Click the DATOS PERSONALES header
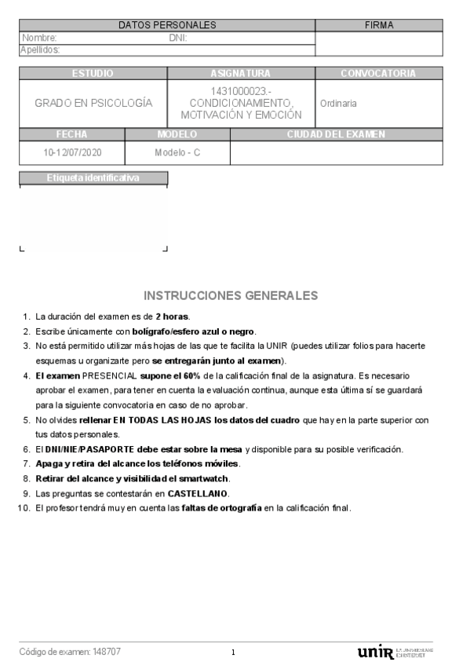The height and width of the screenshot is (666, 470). [167, 25]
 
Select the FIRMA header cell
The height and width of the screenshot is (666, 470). [379, 25]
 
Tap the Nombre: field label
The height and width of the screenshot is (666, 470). [40, 38]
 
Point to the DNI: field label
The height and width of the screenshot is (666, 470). [178, 38]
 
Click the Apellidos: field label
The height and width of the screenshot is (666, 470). [40, 49]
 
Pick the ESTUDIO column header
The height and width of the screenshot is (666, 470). [93, 73]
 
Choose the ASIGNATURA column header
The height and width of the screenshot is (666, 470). [241, 73]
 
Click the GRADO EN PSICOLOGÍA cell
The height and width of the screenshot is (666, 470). [93, 103]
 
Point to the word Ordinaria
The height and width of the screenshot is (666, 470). [338, 104]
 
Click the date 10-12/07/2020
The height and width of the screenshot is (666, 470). [72, 152]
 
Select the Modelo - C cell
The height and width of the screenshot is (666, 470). [177, 152]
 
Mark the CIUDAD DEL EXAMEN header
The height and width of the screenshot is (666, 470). [336, 134]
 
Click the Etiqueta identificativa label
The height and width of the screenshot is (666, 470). [93, 177]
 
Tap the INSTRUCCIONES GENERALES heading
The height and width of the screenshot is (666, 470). [231, 296]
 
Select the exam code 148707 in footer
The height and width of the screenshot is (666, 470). [107, 652]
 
